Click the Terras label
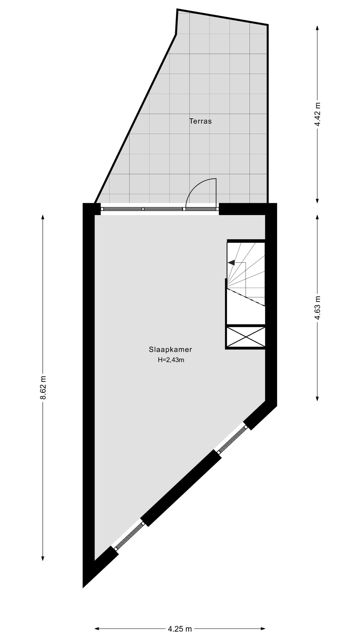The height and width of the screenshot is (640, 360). click(x=200, y=121)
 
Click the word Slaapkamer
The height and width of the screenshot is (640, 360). click(x=171, y=350)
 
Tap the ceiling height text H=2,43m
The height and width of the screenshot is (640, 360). click(x=171, y=360)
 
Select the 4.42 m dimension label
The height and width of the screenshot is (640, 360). click(x=318, y=114)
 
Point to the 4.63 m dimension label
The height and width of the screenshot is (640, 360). click(x=318, y=308)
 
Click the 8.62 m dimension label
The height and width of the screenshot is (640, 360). click(x=43, y=388)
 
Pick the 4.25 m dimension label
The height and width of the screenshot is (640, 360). click(x=180, y=629)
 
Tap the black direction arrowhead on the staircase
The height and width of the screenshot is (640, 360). click(x=231, y=263)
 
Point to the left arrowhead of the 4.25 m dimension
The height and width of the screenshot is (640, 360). click(x=97, y=629)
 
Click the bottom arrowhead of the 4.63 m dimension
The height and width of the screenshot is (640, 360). click(x=317, y=398)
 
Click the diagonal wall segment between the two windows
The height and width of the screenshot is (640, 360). click(x=181, y=488)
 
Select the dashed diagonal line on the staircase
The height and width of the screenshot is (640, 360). click(x=246, y=297)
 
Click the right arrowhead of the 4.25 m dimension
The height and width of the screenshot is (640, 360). click(x=263, y=629)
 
